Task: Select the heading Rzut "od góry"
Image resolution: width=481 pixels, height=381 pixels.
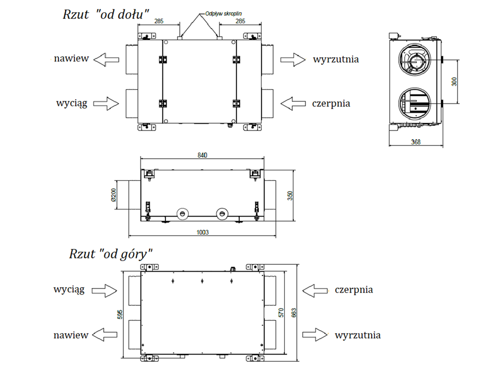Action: pyautogui.click(x=111, y=253)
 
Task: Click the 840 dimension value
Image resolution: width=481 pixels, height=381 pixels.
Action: pyautogui.click(x=201, y=155)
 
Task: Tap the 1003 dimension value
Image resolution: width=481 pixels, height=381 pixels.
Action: pyautogui.click(x=203, y=232)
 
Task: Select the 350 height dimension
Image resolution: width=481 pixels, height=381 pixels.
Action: pyautogui.click(x=289, y=196)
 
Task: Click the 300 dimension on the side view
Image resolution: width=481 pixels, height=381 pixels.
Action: pyautogui.click(x=454, y=81)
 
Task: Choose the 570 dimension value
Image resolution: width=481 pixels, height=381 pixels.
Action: pyautogui.click(x=282, y=312)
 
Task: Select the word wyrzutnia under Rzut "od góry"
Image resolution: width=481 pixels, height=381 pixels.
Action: pyautogui.click(x=357, y=335)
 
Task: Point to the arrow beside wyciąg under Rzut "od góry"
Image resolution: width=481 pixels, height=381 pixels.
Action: pyautogui.click(x=104, y=290)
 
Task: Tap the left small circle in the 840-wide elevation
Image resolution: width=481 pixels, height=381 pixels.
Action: pyautogui.click(x=182, y=213)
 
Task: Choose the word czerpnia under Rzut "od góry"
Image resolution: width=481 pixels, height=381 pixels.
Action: pyautogui.click(x=354, y=290)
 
